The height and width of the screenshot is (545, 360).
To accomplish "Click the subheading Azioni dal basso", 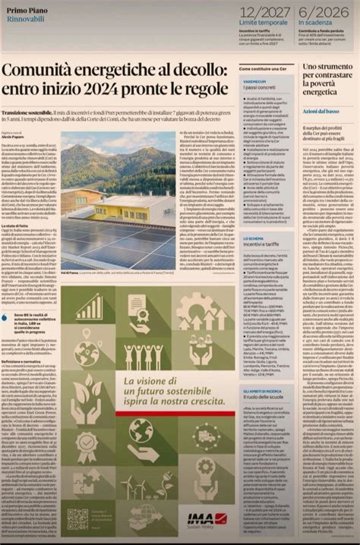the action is click(321, 112).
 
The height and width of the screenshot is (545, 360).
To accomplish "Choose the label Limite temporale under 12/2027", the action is click(265, 24).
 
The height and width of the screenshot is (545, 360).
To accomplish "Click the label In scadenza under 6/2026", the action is click(320, 24).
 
